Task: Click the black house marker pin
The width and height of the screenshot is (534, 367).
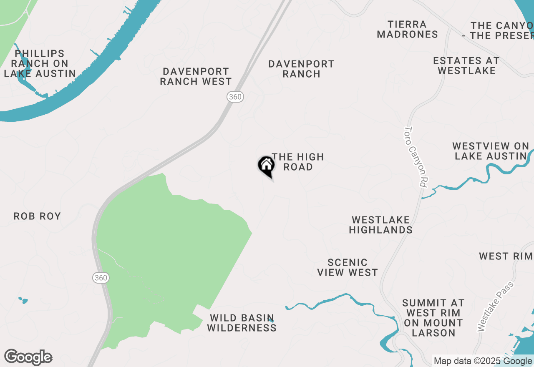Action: tap(266, 166)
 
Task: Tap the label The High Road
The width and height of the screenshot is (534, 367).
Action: tap(298, 162)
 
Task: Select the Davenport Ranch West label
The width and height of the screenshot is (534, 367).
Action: tap(196, 77)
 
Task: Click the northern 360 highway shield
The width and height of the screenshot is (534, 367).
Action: tap(235, 97)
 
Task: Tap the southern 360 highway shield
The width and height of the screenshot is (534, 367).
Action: tap(101, 278)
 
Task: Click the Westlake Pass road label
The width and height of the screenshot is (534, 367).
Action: tap(496, 307)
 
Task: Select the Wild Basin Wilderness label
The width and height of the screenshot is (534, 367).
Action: tap(242, 323)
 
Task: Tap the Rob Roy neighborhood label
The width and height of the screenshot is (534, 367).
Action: tap(37, 216)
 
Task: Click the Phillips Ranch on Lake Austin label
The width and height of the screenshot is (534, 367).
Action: tap(40, 64)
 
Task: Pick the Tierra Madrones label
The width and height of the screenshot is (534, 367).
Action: tap(407, 30)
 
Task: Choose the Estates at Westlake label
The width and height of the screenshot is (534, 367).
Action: tap(466, 66)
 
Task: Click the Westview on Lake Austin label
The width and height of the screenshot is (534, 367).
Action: tap(491, 151)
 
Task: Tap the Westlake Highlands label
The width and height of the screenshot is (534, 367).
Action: tap(381, 225)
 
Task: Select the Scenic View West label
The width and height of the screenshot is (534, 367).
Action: tap(348, 267)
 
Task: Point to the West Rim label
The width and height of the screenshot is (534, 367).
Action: tap(506, 256)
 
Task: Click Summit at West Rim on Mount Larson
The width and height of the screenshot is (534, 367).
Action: tap(433, 318)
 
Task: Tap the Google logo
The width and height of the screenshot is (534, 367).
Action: tap(28, 357)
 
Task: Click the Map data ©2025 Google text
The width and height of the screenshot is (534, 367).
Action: tap(483, 361)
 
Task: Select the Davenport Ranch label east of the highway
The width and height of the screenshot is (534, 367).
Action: tap(301, 69)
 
